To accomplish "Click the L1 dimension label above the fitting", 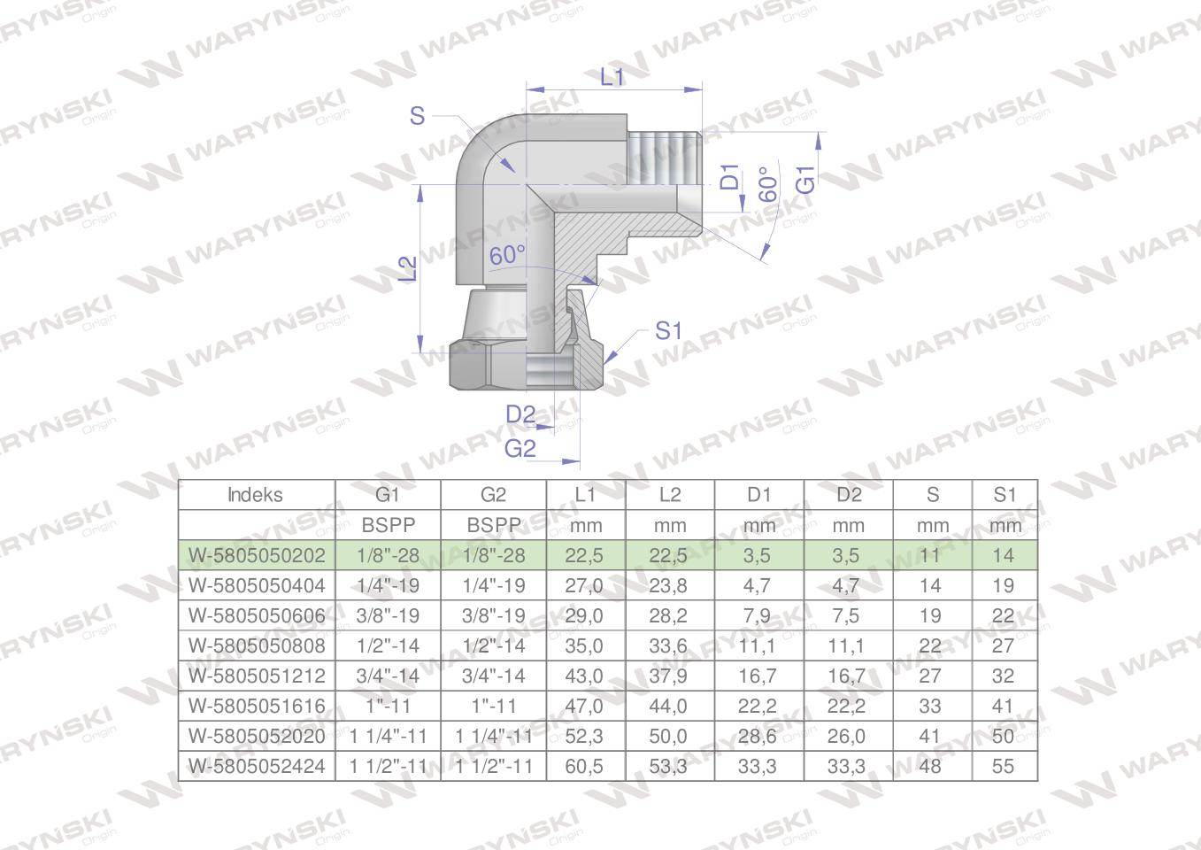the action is pyautogui.click(x=612, y=77).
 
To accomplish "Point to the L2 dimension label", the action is pyautogui.click(x=409, y=268).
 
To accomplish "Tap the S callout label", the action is pyautogui.click(x=417, y=116).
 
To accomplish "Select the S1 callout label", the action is pyautogui.click(x=668, y=331).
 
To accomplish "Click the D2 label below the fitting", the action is pyautogui.click(x=520, y=414).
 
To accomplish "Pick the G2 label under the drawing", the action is pyautogui.click(x=520, y=448).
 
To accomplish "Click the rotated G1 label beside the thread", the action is pyautogui.click(x=805, y=179).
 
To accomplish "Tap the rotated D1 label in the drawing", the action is pyautogui.click(x=729, y=177).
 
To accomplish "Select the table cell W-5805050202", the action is pyautogui.click(x=257, y=555).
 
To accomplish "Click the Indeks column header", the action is pyautogui.click(x=255, y=494).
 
